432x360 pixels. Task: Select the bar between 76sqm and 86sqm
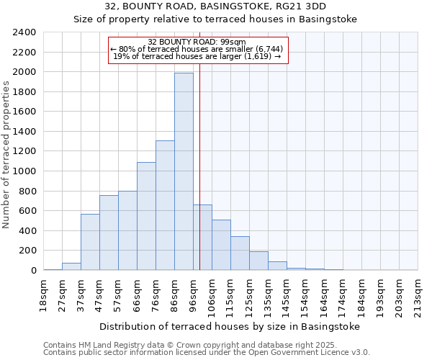[165, 205]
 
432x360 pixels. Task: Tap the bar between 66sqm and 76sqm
[146, 216]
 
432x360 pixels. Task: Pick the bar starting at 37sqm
[90, 242]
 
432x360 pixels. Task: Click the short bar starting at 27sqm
[71, 266]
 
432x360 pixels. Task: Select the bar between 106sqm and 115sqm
[221, 245]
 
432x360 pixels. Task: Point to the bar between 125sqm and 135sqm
[258, 261]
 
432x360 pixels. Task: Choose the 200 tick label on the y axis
[28, 251]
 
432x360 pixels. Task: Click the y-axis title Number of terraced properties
[6, 155]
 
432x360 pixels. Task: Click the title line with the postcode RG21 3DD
[215, 6]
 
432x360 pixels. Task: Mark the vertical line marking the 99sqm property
[199, 180]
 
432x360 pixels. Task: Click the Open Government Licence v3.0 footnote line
[207, 352]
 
